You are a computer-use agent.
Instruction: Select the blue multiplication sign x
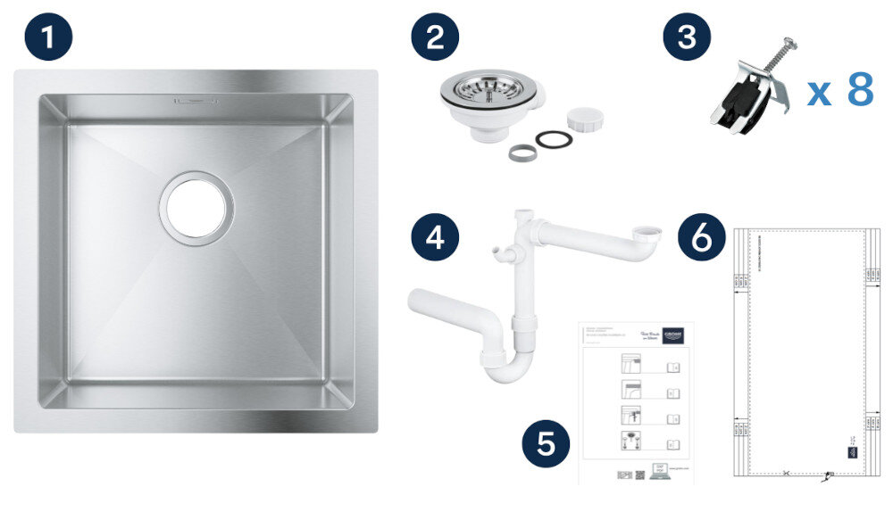[819, 94]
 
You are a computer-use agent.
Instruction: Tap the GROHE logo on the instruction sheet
[675, 337]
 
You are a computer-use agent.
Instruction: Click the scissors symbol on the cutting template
[785, 473]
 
